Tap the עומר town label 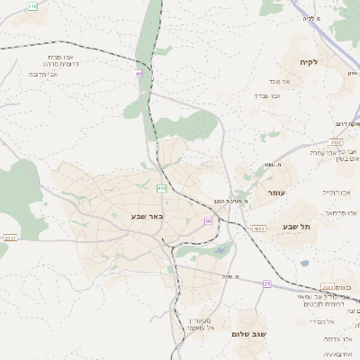tap(275, 193)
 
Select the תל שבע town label tap(295, 227)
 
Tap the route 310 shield tap(33, 5)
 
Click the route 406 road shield tap(161, 188)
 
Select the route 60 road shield tap(208, 220)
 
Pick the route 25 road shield tap(266, 284)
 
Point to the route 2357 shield tap(10, 238)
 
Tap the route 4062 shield tap(336, 142)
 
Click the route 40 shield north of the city tap(139, 74)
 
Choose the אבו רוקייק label tap(338, 192)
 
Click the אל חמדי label tap(321, 320)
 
